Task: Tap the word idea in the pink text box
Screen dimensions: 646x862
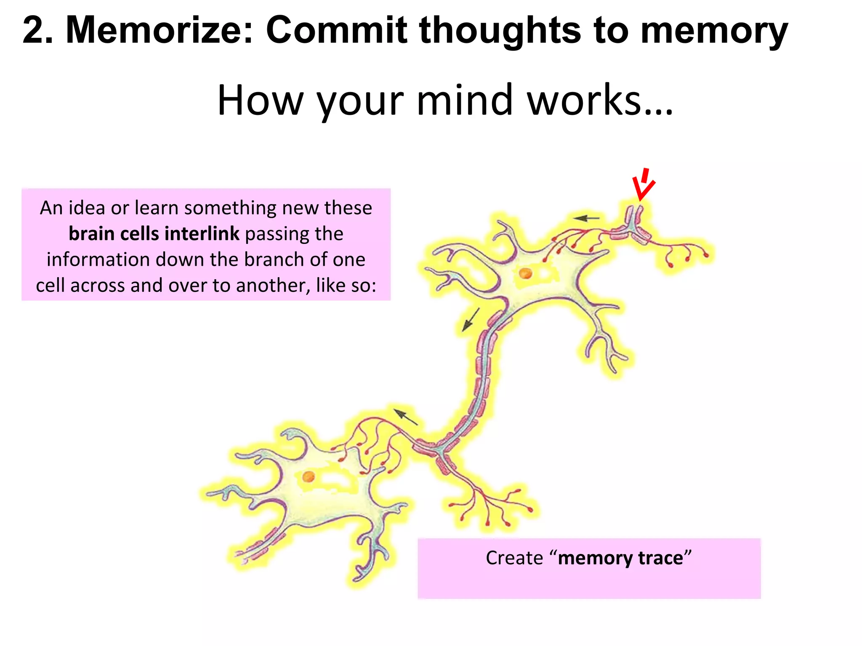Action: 86,208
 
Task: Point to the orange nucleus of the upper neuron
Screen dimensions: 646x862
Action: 525,273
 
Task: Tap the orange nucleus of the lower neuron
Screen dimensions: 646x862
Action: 309,477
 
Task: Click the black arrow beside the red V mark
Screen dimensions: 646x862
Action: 586,218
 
